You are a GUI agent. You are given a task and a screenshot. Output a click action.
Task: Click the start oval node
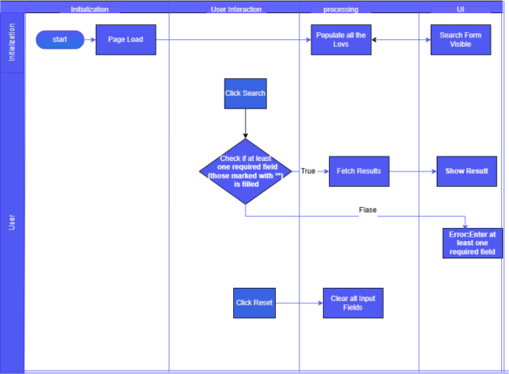click(x=60, y=39)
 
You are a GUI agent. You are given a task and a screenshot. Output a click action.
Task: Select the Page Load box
click(x=125, y=39)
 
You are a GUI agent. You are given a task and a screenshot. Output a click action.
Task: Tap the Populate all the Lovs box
click(x=341, y=39)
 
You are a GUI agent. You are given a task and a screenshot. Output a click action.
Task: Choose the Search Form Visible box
click(x=460, y=39)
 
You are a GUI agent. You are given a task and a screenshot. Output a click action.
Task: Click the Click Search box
click(x=245, y=93)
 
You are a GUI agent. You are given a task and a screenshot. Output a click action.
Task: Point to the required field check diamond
click(x=245, y=171)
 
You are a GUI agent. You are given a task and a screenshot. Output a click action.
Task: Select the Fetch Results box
click(x=359, y=171)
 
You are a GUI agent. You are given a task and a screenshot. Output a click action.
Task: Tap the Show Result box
click(x=466, y=171)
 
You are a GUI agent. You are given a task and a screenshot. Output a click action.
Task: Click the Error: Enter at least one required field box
click(x=472, y=244)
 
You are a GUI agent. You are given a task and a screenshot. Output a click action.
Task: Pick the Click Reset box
click(x=254, y=303)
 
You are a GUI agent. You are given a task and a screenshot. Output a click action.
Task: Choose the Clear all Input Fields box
click(x=353, y=303)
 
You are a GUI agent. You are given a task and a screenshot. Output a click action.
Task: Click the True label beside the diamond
click(x=308, y=171)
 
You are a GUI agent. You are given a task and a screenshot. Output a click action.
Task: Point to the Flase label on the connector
click(x=368, y=210)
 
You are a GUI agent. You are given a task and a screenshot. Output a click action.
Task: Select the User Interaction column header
click(x=237, y=10)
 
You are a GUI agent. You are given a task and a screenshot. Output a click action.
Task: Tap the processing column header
click(x=341, y=10)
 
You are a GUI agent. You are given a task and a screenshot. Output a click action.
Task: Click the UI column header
click(x=460, y=10)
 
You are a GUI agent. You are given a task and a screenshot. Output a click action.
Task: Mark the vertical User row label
click(x=11, y=222)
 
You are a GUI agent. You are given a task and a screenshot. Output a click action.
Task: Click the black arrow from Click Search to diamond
click(x=245, y=124)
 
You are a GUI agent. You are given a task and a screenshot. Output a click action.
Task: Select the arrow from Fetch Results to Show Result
click(x=413, y=171)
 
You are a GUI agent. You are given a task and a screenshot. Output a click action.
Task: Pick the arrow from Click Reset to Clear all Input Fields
click(x=299, y=303)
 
